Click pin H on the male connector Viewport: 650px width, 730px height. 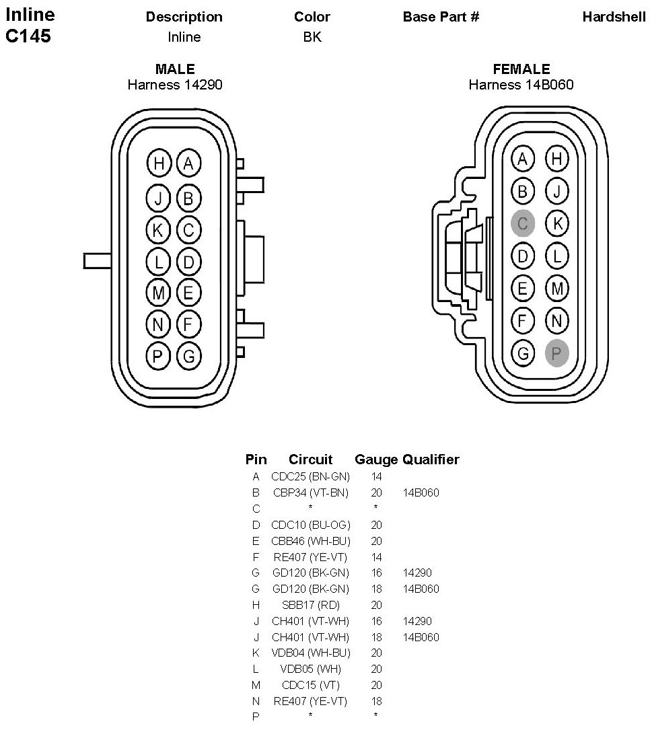159,163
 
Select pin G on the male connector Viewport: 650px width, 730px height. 188,356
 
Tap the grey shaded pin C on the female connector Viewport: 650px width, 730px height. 523,223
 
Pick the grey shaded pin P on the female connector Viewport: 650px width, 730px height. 556,353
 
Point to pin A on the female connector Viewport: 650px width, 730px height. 523,159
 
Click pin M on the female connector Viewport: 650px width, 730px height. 556,288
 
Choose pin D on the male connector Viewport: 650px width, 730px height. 188,261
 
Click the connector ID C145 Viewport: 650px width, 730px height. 28,36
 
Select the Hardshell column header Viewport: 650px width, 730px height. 614,17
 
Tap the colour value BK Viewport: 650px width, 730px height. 312,37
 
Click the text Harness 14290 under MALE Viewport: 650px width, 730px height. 175,85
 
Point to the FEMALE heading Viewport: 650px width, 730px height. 521,69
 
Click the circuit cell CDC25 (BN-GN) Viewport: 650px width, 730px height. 310,476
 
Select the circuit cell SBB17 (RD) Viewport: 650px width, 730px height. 310,605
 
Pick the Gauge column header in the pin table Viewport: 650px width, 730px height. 376,460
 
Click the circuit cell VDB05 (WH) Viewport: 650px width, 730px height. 310,669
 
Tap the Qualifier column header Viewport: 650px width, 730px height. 431,460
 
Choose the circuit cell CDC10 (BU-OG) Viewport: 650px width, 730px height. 310,525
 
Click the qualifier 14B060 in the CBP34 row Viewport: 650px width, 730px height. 421,492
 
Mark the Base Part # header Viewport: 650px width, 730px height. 441,17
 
